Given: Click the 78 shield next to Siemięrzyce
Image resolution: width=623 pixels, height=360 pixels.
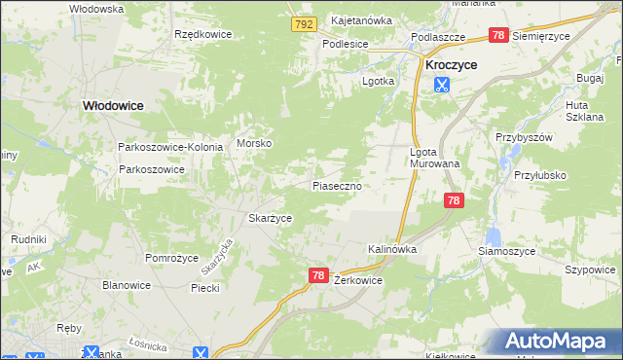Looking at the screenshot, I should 498,35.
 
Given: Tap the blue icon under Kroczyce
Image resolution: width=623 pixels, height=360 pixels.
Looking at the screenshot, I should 442,84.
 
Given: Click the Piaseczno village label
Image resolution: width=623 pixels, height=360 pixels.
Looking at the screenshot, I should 338,185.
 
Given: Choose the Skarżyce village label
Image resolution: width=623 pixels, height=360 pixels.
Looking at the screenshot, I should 270,219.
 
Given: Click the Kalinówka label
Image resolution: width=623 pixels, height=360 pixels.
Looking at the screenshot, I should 392,249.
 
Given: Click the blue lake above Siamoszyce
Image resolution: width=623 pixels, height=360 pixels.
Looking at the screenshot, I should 494,235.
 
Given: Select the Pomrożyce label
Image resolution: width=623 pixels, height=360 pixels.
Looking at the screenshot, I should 172,258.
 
